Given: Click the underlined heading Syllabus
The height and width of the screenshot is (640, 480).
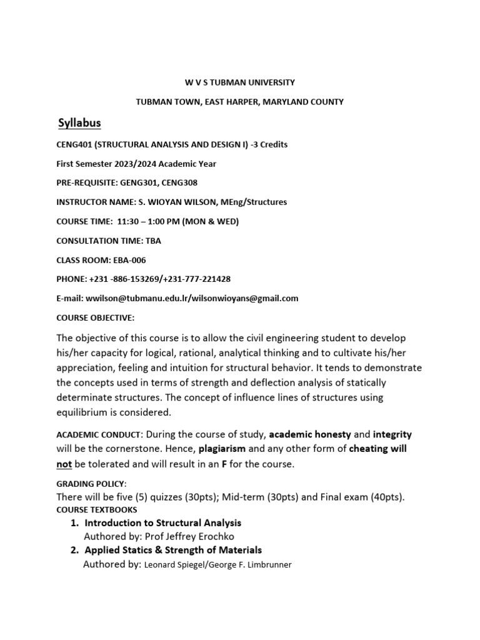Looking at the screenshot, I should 79,122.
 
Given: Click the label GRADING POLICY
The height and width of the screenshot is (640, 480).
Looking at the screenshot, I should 91,484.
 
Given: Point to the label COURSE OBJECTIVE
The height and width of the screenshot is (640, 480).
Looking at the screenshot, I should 95,317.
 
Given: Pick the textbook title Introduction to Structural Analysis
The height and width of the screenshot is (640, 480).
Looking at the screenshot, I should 162,522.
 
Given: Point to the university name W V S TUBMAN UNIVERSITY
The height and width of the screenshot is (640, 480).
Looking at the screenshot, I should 240,82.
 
